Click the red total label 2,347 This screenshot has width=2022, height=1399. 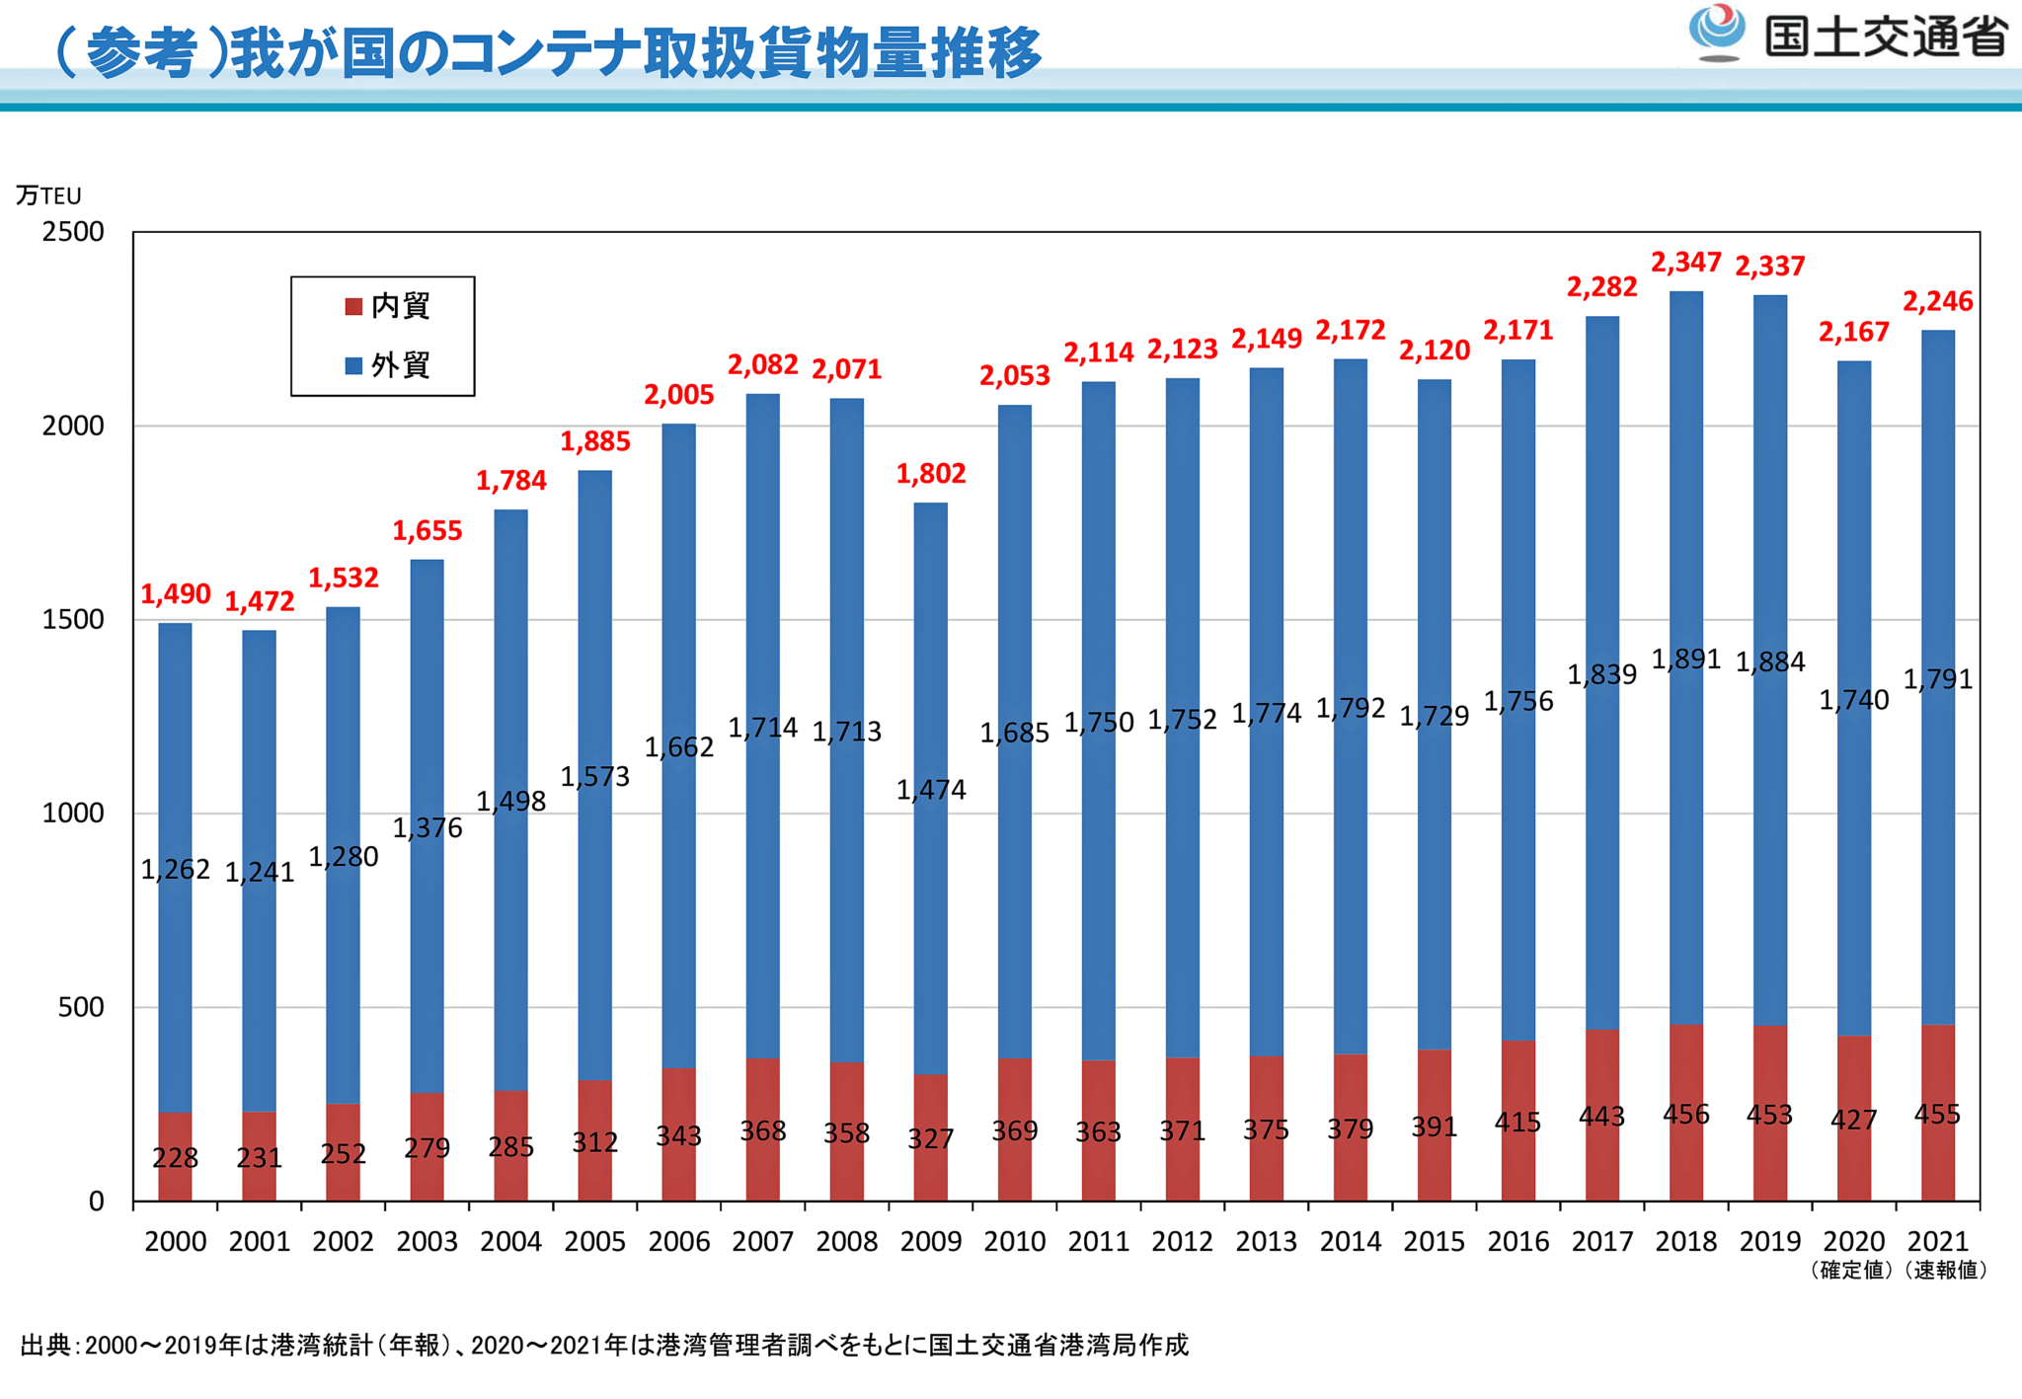click(x=1685, y=263)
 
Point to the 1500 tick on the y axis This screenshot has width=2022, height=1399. click(x=73, y=620)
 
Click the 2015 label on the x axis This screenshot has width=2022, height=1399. click(x=1434, y=1241)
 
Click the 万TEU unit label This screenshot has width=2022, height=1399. click(x=47, y=195)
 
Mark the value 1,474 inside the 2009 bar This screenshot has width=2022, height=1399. click(x=930, y=790)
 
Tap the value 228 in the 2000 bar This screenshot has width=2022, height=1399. click(x=175, y=1158)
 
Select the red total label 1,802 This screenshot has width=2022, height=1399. click(x=930, y=474)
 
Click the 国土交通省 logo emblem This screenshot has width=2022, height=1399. click(x=1717, y=32)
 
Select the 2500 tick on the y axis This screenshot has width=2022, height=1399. click(x=73, y=232)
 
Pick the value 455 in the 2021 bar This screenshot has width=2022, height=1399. click(x=1936, y=1115)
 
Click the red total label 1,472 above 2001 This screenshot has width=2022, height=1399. click(x=259, y=602)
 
